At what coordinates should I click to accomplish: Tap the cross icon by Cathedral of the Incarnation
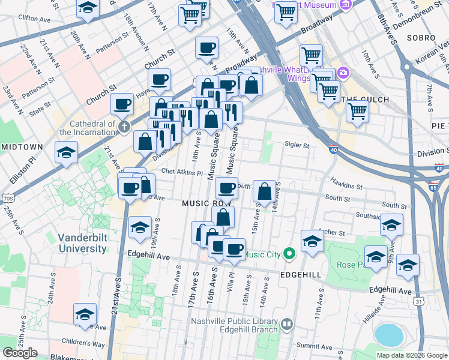tap(124, 127)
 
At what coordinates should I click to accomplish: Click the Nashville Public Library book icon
tap(287, 325)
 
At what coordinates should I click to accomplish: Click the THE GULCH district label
tap(365, 100)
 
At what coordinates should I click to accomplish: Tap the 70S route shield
tap(7, 197)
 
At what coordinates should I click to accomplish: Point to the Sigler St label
tap(297, 145)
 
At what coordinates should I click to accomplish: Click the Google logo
tap(20, 353)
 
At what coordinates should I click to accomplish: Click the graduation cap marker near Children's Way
tap(85, 314)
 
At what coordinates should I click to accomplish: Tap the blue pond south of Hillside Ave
tap(389, 335)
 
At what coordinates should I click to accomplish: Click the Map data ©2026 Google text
tap(411, 355)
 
